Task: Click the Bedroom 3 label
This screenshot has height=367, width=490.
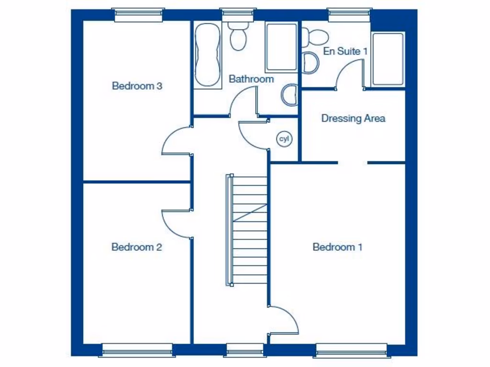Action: point(137,86)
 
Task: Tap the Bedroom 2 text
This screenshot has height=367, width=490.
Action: point(136,247)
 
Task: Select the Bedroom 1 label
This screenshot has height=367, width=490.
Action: point(337,247)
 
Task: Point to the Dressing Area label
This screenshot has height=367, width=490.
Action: point(353,118)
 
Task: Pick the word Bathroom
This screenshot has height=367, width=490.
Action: point(251,79)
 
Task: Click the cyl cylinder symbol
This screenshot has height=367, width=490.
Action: point(285,139)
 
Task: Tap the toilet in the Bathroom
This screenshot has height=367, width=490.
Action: point(237,36)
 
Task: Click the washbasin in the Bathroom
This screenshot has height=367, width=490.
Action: point(290,95)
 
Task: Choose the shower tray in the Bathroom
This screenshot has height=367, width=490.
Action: point(281,47)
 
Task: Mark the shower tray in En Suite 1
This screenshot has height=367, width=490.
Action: point(388,59)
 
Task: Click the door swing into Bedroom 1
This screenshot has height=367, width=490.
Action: point(285,321)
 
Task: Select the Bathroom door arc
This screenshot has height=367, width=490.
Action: point(243,103)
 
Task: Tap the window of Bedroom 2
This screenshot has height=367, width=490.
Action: point(137,350)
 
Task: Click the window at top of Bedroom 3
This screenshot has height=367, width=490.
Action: point(139,14)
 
